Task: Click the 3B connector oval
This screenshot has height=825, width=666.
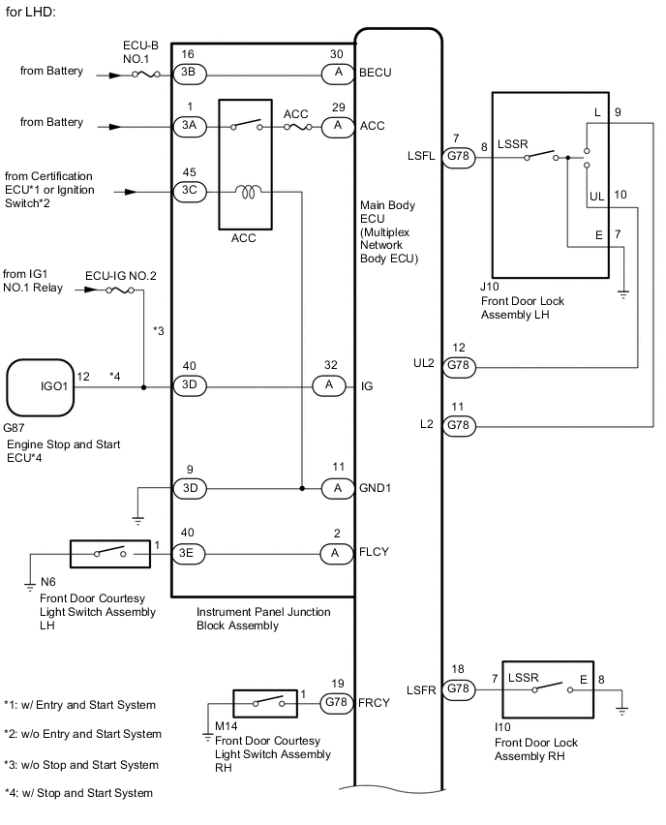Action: pyautogui.click(x=190, y=75)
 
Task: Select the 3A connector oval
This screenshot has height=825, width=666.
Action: pyautogui.click(x=190, y=126)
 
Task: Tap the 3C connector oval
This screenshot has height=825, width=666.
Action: pyautogui.click(x=190, y=192)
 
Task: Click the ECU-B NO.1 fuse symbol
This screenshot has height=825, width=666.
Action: pyautogui.click(x=146, y=75)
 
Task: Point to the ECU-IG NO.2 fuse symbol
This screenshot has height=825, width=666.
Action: pyautogui.click(x=119, y=290)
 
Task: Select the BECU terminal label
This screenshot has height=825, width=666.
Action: pyautogui.click(x=375, y=73)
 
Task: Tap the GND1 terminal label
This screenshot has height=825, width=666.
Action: pyautogui.click(x=375, y=488)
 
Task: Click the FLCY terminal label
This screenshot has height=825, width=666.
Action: pyautogui.click(x=374, y=552)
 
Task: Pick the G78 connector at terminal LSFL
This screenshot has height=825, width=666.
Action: pyautogui.click(x=458, y=157)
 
